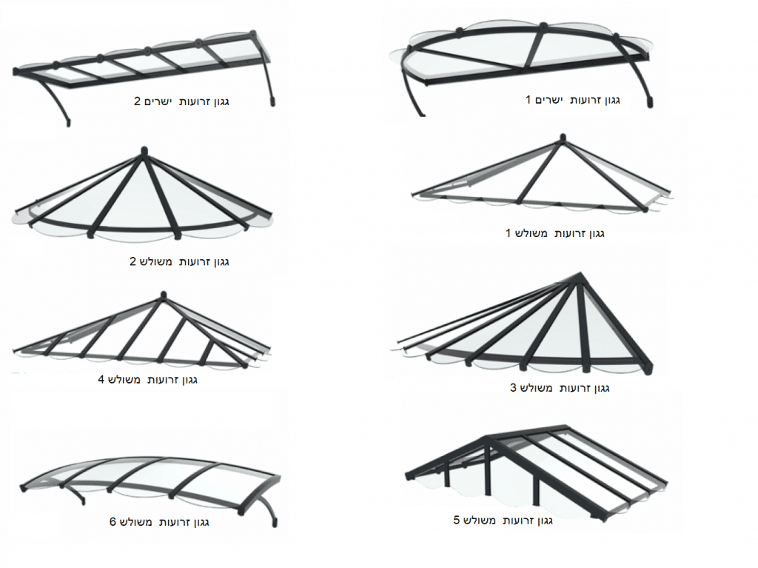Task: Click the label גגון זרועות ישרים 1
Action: click(x=573, y=100)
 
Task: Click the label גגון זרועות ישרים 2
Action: click(x=182, y=101)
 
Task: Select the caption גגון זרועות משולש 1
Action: click(x=555, y=234)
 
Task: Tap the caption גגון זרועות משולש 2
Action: click(x=179, y=261)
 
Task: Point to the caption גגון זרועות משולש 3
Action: click(x=560, y=388)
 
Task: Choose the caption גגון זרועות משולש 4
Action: click(x=147, y=379)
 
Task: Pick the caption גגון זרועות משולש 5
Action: click(x=503, y=521)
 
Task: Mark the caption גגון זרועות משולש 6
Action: click(x=159, y=523)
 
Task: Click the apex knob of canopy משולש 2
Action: click(x=143, y=150)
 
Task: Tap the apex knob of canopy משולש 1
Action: click(x=563, y=138)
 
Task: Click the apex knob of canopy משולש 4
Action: click(x=164, y=295)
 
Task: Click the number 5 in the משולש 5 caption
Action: click(x=456, y=521)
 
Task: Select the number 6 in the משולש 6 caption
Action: click(x=113, y=523)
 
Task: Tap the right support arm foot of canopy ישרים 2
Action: click(x=272, y=101)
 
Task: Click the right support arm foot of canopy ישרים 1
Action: click(x=650, y=103)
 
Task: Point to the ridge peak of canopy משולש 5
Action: click(x=489, y=438)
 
